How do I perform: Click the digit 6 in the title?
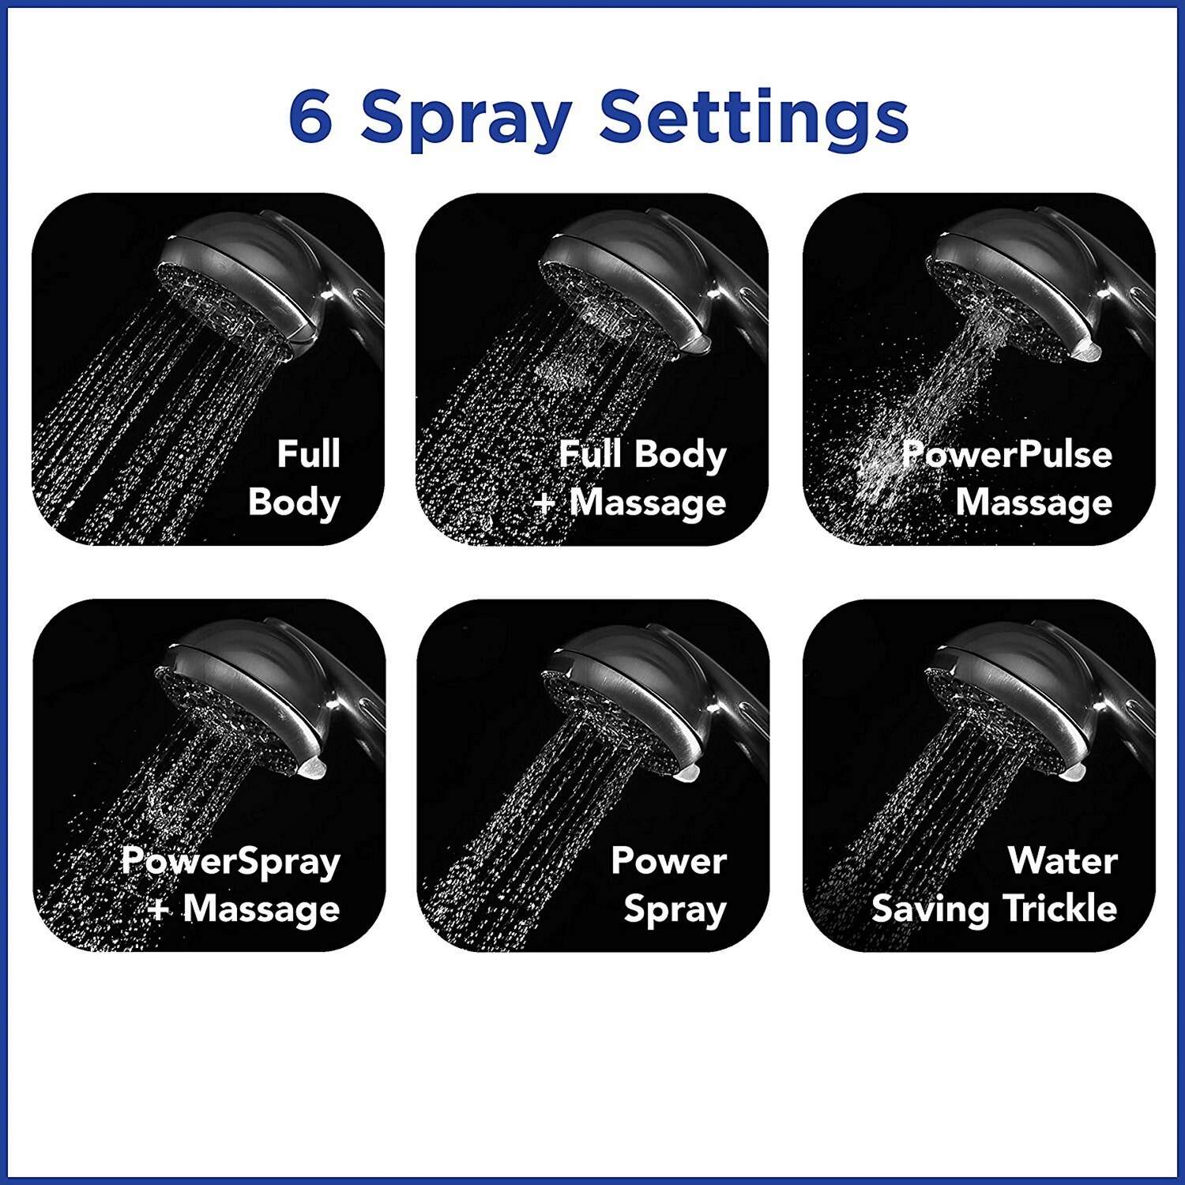[310, 116]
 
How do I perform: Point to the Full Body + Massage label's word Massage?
[648, 502]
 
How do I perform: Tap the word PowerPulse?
[1007, 454]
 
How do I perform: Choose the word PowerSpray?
[231, 861]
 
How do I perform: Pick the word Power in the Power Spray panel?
[668, 860]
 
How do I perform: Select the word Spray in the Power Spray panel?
[675, 910]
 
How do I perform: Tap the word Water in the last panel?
[1063, 860]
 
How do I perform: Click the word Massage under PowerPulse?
[1034, 502]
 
